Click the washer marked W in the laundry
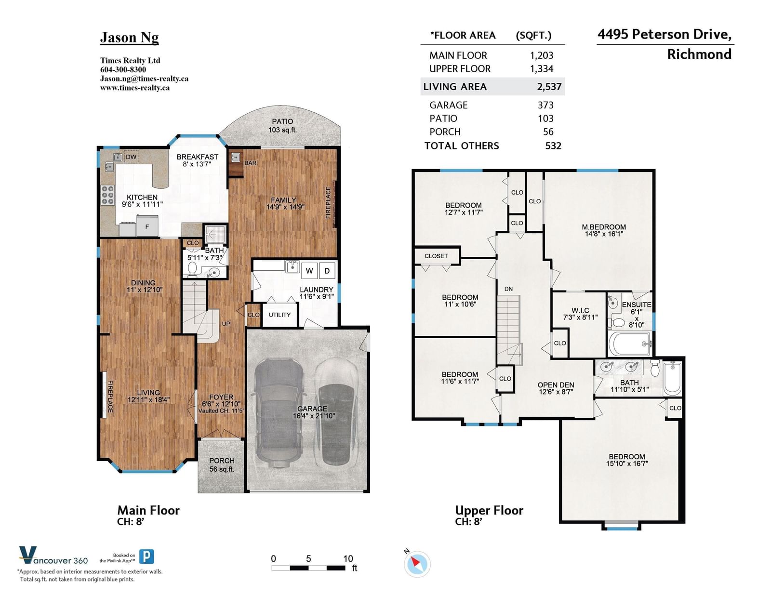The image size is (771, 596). (309, 271)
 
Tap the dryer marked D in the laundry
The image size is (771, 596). (327, 271)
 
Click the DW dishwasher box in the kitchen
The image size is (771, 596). (131, 157)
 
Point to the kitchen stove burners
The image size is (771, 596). (107, 195)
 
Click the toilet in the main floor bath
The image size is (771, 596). (193, 269)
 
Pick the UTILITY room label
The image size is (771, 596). (279, 315)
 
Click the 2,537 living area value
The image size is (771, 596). (549, 87)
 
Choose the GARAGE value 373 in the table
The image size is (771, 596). (545, 105)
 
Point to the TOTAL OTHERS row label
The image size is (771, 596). (462, 146)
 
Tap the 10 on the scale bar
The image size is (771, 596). (348, 558)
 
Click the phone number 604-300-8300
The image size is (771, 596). (123, 69)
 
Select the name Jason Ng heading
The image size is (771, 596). (129, 38)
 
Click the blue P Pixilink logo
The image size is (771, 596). (146, 556)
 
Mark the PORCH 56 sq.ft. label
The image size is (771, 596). (222, 465)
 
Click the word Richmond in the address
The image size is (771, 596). (699, 54)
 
